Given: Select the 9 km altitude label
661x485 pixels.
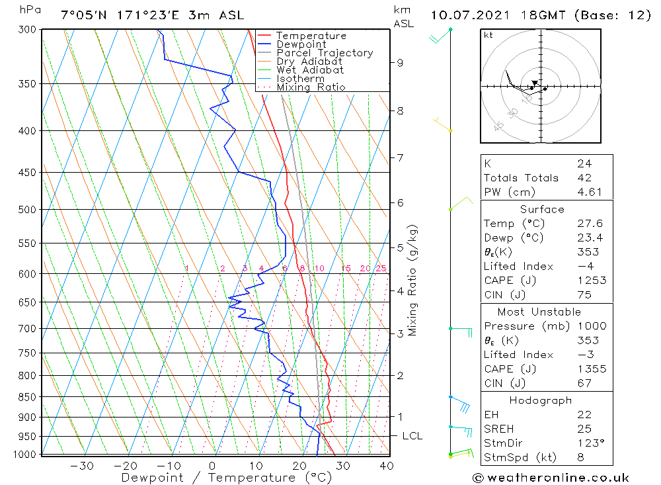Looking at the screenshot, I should point(401,63).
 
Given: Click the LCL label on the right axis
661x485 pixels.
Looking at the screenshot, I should point(412,436).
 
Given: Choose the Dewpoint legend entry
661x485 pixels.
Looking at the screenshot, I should point(301,44).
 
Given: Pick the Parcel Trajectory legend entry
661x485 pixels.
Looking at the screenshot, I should point(325,53).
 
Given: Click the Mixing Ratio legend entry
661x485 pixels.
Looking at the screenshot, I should point(311,87).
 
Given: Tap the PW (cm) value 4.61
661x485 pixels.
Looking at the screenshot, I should point(589,192).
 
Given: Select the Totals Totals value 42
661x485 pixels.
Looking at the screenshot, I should point(584,178).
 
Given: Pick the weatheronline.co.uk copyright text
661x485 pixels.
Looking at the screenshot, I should point(551,478).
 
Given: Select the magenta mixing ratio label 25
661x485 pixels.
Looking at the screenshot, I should point(381,269).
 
